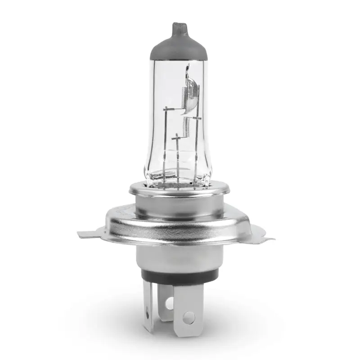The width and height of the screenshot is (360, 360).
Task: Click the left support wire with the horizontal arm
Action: point(165,135)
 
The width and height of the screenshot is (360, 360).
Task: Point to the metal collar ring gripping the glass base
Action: point(179,191)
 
